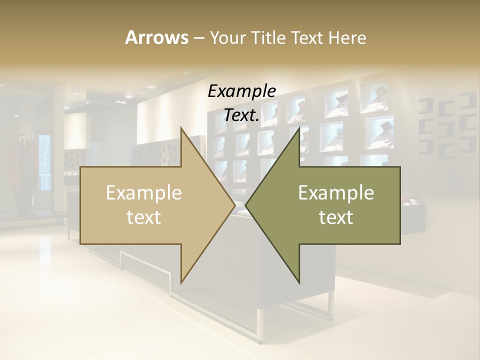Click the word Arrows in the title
point(156,37)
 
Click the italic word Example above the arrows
point(241,91)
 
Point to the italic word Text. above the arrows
point(241,115)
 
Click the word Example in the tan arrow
point(144,193)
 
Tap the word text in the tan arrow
point(144,217)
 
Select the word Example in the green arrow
point(336,193)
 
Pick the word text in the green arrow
point(336,217)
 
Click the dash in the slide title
point(198,38)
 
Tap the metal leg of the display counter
point(260,325)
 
